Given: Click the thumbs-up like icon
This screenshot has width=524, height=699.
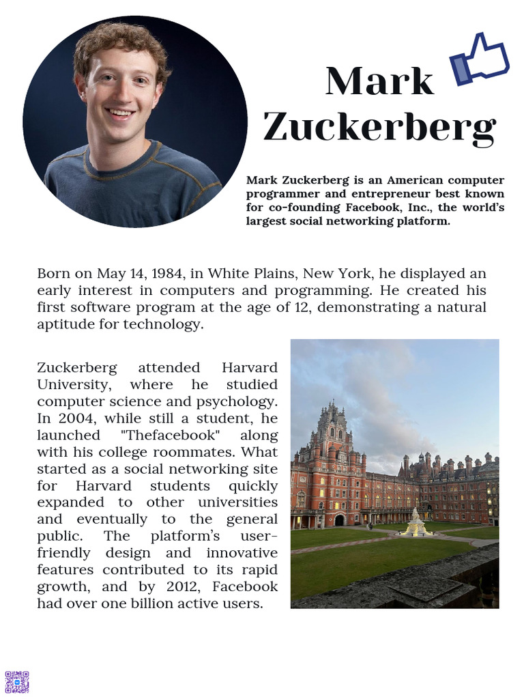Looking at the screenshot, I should [480, 60].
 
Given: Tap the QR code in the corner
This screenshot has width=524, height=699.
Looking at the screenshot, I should [17, 681].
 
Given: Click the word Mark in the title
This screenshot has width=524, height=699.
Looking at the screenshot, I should [379, 81].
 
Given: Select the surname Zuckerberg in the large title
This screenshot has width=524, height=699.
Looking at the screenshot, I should [379, 126].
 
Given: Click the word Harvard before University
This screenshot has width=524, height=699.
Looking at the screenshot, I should [250, 368].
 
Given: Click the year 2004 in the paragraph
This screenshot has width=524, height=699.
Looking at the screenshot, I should [73, 418].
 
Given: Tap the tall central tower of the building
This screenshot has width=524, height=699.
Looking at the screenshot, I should [332, 437].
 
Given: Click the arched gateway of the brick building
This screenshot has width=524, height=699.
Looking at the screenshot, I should [339, 520].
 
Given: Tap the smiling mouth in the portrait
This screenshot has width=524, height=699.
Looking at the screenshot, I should [120, 113].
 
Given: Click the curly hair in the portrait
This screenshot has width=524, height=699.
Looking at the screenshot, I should [119, 41].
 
